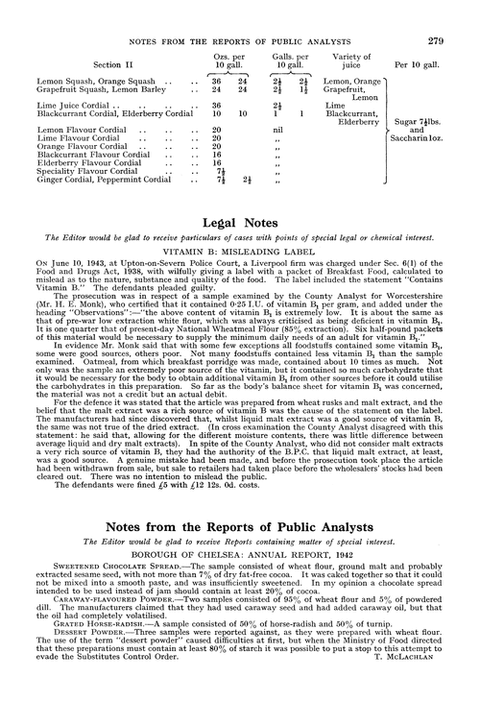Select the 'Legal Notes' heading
tap(239, 247)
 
